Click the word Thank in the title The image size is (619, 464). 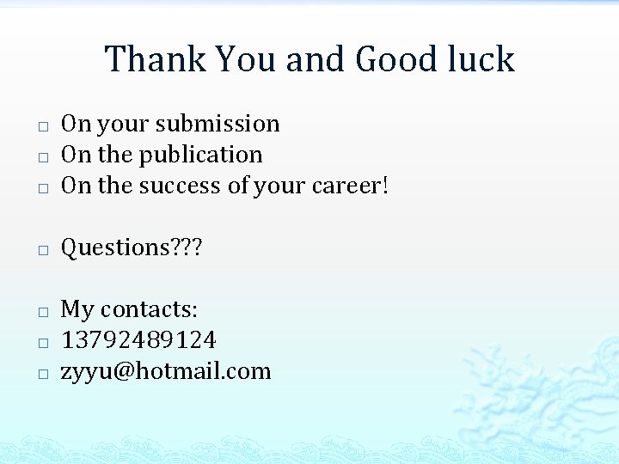coord(156,59)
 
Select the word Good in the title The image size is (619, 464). coord(395,59)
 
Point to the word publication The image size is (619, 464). coord(200,155)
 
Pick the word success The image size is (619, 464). coord(179,186)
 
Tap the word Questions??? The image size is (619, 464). coord(131,247)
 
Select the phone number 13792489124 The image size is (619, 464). coord(138,340)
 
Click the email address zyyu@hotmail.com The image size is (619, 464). coord(166,371)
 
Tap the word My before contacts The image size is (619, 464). coord(77,309)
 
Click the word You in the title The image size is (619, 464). coord(246,59)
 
